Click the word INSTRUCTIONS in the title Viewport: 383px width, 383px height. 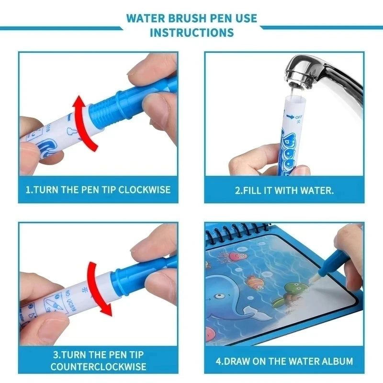[x=191, y=33]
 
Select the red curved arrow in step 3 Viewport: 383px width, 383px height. [x=98, y=289]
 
